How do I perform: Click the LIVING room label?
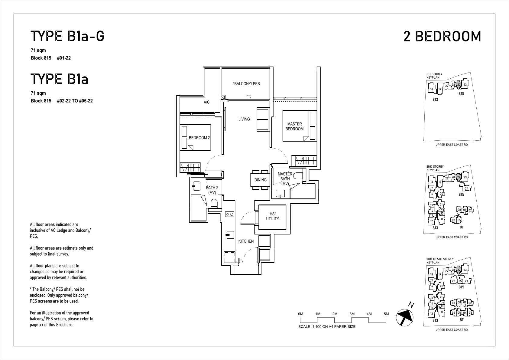click(x=244, y=119)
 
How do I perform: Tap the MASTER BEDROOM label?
click(x=294, y=126)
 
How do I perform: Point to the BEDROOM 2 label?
click(x=199, y=138)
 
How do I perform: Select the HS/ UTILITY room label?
click(x=272, y=216)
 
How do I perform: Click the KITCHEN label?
click(x=246, y=241)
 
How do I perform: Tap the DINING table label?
click(x=261, y=180)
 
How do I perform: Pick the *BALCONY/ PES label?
click(x=246, y=84)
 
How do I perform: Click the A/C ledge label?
click(x=206, y=102)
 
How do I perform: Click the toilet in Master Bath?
click(x=298, y=176)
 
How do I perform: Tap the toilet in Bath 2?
click(x=214, y=204)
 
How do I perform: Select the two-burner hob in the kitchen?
click(x=230, y=214)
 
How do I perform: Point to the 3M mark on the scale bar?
click(x=352, y=314)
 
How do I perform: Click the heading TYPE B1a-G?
click(x=67, y=36)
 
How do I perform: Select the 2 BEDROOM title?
click(x=442, y=36)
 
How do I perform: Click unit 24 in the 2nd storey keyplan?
click(x=466, y=188)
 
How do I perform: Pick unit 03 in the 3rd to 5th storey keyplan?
click(x=470, y=313)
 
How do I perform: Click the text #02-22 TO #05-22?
click(x=75, y=101)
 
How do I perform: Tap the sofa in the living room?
click(x=263, y=119)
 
